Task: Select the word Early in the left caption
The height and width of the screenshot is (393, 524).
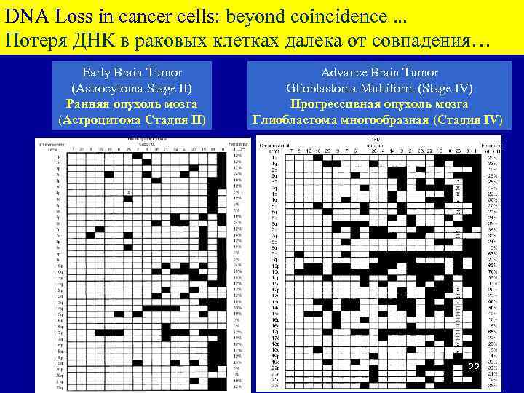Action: (97, 73)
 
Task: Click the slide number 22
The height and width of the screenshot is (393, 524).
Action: (472, 368)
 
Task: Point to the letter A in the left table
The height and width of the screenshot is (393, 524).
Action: (128, 192)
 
